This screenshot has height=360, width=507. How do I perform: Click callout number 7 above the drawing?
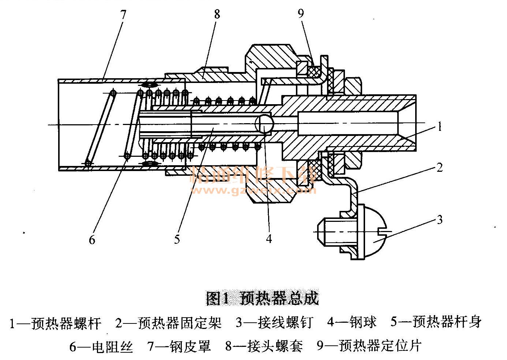pyautogui.click(x=123, y=15)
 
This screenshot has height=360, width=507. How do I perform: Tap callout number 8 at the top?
pyautogui.click(x=217, y=14)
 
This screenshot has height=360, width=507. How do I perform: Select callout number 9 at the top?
pyautogui.click(x=301, y=14)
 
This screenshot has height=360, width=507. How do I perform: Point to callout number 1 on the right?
pyautogui.click(x=439, y=127)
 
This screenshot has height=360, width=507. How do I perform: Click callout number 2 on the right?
pyautogui.click(x=439, y=167)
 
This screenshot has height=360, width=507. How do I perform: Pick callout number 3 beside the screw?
pyautogui.click(x=439, y=220)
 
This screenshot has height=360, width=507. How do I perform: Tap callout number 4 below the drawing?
pyautogui.click(x=269, y=239)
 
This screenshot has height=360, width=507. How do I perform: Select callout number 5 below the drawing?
pyautogui.click(x=177, y=239)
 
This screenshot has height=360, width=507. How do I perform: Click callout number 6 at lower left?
pyautogui.click(x=92, y=240)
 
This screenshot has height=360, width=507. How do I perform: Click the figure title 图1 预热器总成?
pyautogui.click(x=262, y=298)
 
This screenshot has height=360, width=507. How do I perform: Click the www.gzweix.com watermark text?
pyautogui.click(x=253, y=191)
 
